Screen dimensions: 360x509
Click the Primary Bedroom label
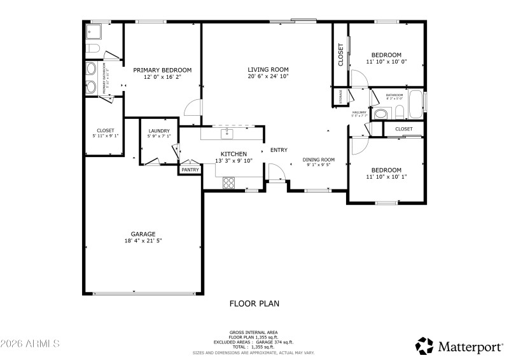[162, 70]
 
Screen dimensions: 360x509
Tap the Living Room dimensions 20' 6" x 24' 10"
[268, 76]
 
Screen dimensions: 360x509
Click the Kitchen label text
[234, 154]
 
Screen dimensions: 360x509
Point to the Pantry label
[190, 170]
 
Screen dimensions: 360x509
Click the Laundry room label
[158, 131]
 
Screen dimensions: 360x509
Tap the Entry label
[279, 150]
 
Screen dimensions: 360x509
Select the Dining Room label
[318, 160]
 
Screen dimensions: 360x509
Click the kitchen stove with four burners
[228, 183]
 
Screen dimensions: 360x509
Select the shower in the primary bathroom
[95, 31]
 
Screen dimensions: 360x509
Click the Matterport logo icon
[424, 345]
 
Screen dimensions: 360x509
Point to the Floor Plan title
[254, 304]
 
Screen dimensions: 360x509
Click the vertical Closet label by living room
[340, 55]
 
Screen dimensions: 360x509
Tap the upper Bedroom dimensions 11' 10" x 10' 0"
[386, 62]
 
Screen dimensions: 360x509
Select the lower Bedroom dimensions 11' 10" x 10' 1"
[386, 177]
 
